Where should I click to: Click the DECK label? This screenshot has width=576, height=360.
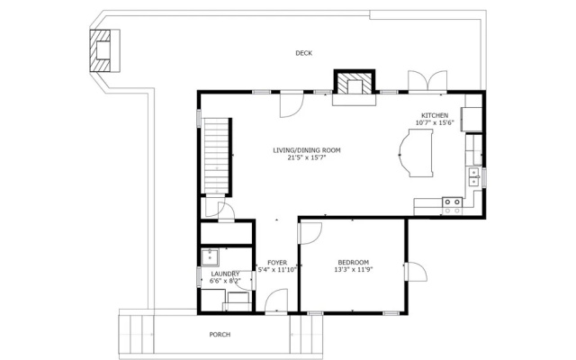[x=304, y=53]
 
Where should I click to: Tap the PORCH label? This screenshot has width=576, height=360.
[x=220, y=335]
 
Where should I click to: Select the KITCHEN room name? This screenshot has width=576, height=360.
[x=435, y=115]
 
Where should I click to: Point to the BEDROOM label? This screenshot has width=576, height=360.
[x=354, y=263]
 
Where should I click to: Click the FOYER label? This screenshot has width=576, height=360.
[x=277, y=263]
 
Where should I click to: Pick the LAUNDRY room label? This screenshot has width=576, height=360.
[x=225, y=274]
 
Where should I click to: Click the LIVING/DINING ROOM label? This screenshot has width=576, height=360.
[x=307, y=150]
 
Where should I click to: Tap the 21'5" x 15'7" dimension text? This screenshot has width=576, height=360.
[x=307, y=157]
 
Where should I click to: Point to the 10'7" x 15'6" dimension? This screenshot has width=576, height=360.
[x=435, y=122]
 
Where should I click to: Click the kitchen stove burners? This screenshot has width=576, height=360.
[x=452, y=206]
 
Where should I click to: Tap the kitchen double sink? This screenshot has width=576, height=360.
[x=474, y=178]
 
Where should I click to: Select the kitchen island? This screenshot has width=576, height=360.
[x=416, y=153]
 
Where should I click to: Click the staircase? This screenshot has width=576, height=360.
[x=217, y=156]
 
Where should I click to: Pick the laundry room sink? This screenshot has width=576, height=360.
[x=210, y=257]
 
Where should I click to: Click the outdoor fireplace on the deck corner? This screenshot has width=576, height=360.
[x=104, y=50]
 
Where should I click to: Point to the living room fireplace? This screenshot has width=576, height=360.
[x=355, y=87]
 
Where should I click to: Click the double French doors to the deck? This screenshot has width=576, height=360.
[x=427, y=81]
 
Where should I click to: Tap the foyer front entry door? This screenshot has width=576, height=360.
[x=276, y=301]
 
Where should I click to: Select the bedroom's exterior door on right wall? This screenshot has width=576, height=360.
[x=416, y=272]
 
